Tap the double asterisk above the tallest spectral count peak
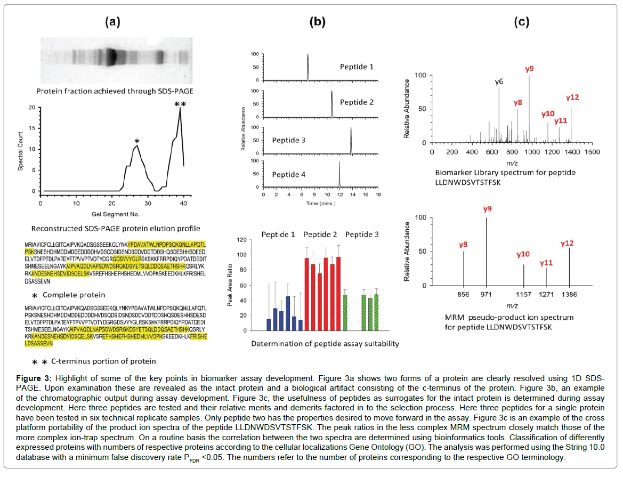(180, 104)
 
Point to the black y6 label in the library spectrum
(499, 82)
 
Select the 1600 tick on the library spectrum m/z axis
(592, 152)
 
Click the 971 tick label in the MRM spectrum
(486, 294)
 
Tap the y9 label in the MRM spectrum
(487, 209)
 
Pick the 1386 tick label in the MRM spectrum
(569, 294)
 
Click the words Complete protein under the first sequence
(74, 295)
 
